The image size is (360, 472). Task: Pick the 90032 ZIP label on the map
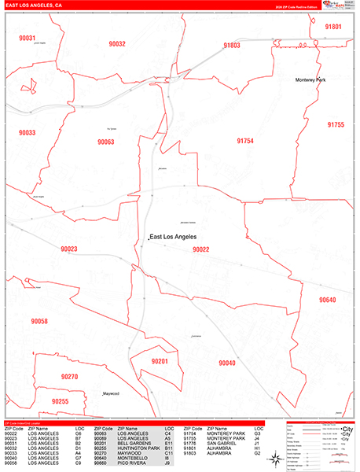(x=117, y=44)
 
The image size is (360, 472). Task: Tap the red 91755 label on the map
(x=336, y=124)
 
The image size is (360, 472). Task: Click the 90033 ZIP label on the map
(x=27, y=133)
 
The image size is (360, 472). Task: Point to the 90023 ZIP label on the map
(x=69, y=249)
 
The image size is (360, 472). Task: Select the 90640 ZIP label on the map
(x=327, y=300)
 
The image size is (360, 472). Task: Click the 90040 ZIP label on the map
(x=227, y=363)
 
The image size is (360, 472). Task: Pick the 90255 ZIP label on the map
(x=61, y=401)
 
